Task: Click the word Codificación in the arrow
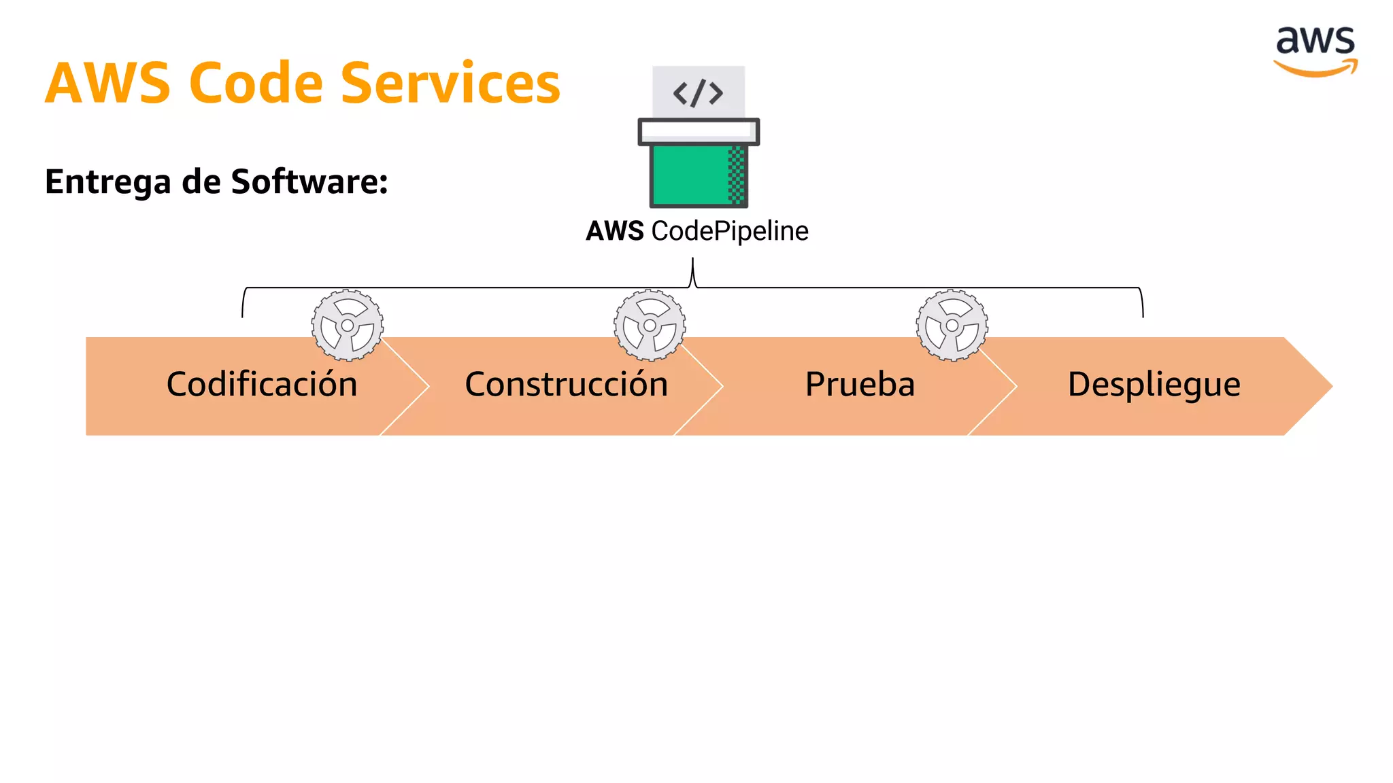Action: [262, 385]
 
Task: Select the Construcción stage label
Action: [566, 385]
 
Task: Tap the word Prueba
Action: [860, 385]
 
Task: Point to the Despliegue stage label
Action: [1154, 385]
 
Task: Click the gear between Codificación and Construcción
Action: [348, 326]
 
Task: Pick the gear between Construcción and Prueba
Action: [650, 326]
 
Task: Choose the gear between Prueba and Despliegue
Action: [952, 326]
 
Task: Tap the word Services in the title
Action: [450, 83]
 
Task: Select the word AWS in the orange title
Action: [108, 83]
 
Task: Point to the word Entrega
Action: [108, 182]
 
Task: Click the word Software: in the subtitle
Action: [309, 181]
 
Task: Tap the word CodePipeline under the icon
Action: [730, 231]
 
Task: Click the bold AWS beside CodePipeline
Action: [615, 231]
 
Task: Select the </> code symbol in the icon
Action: [698, 93]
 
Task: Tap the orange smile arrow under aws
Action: [1315, 69]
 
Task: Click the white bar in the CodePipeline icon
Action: [699, 131]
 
